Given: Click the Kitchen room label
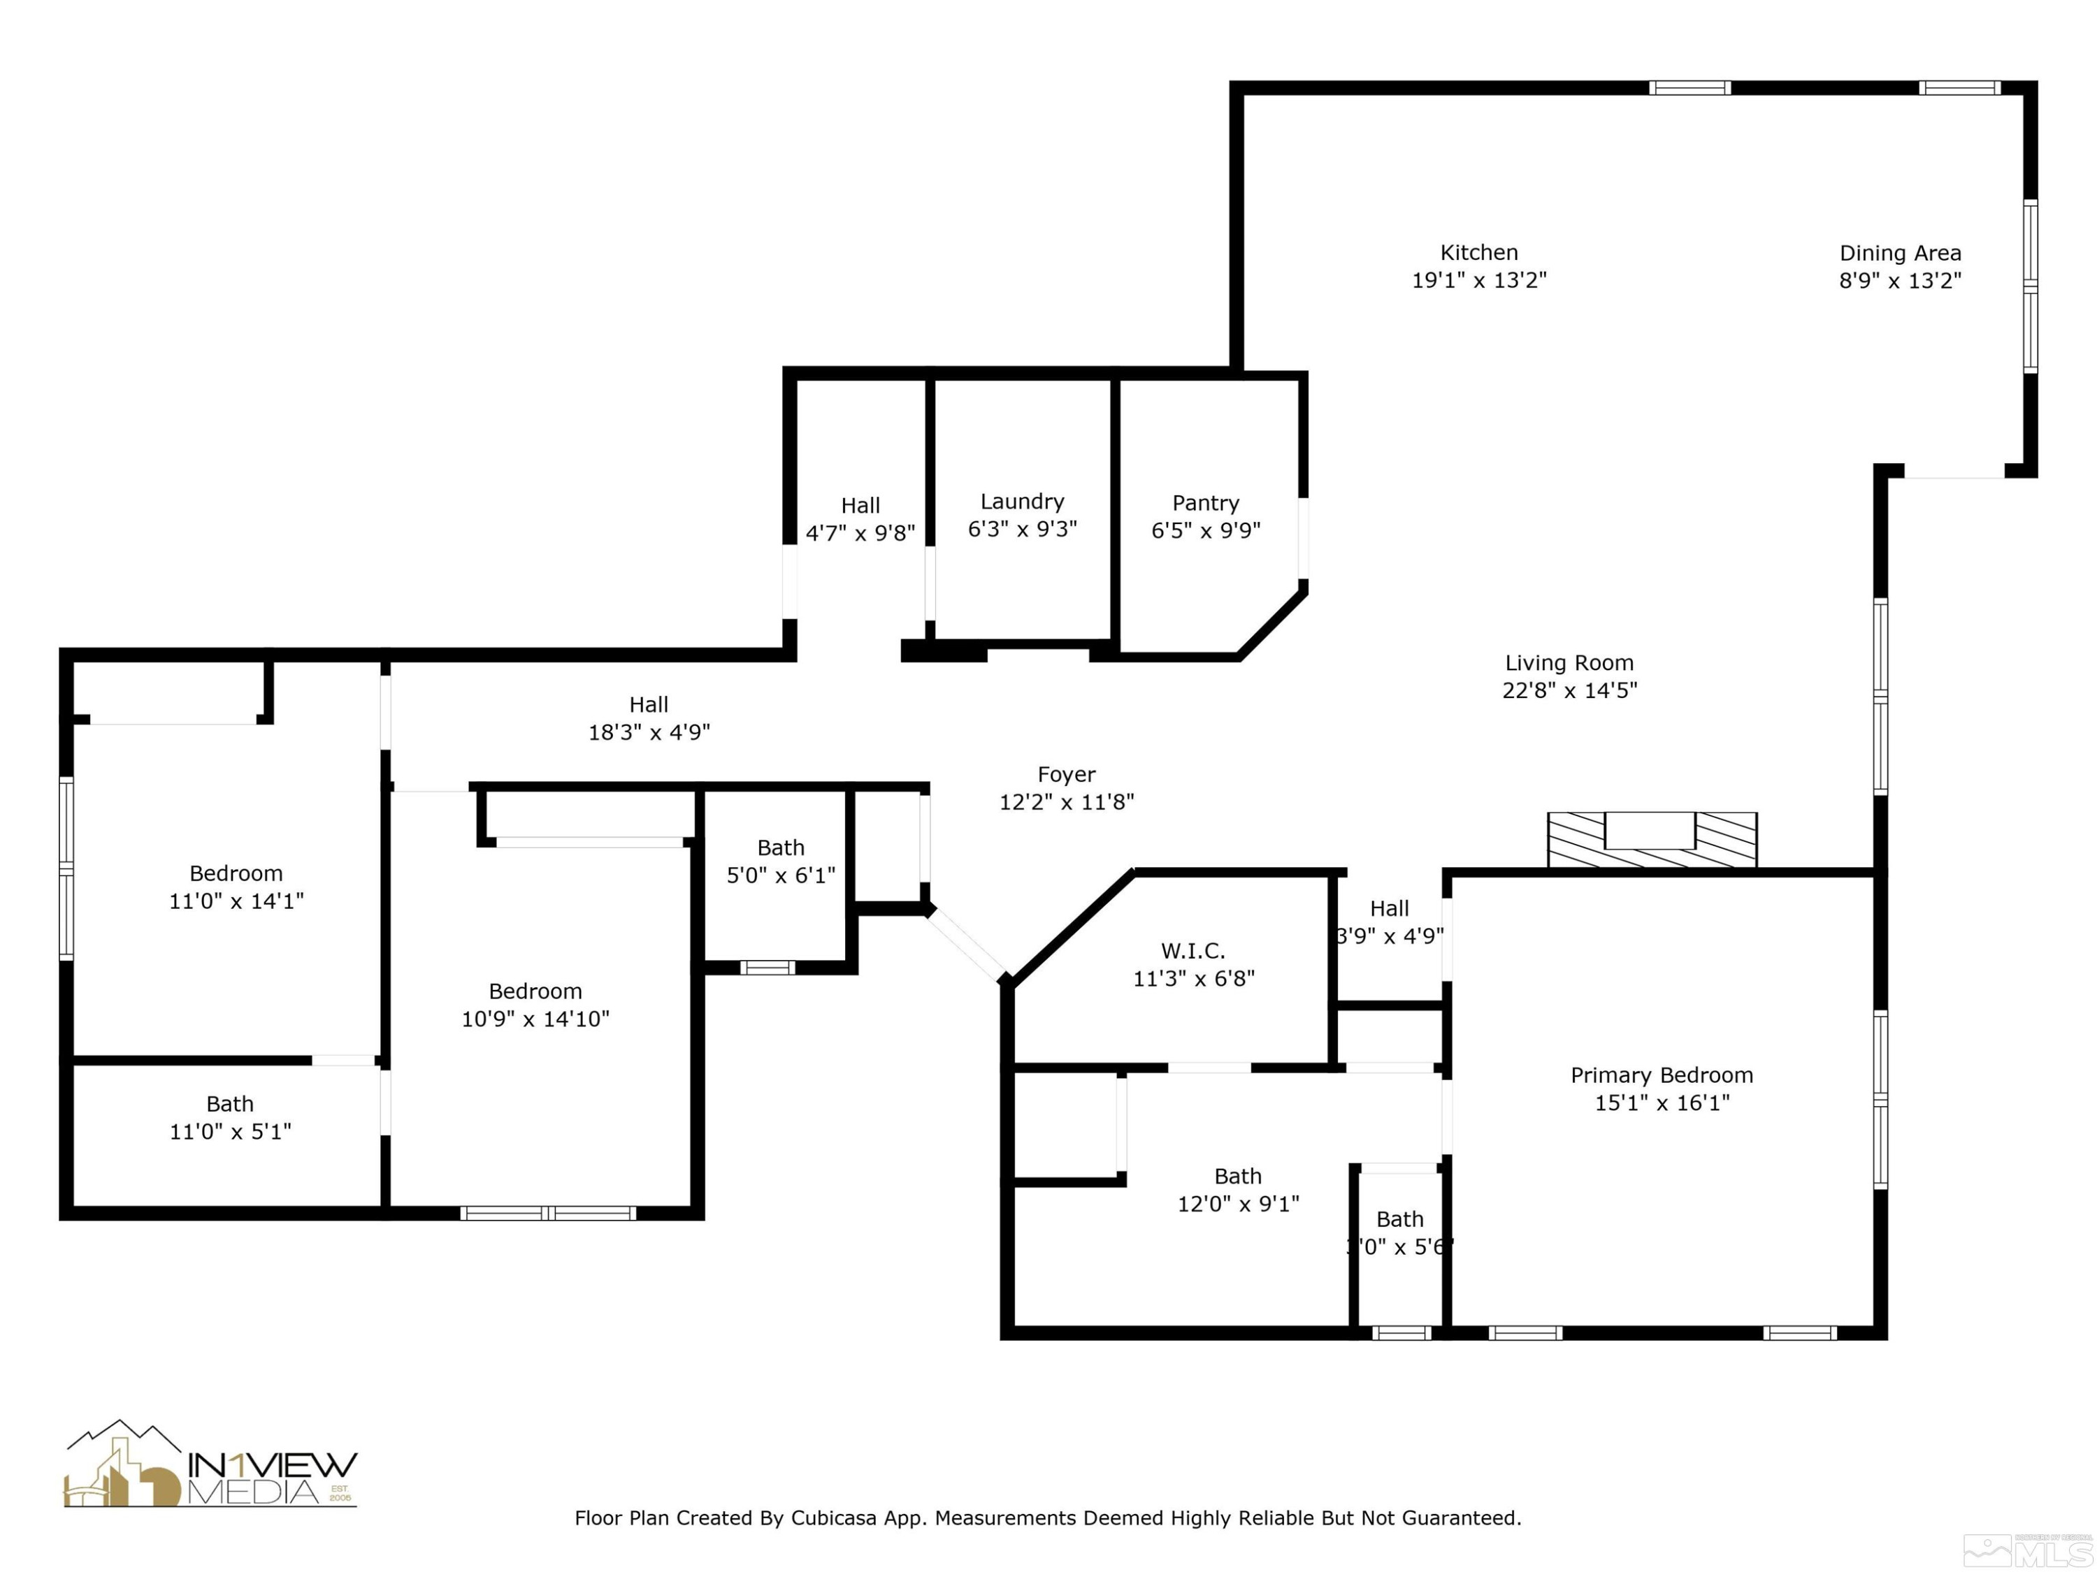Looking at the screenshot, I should pos(1479,253).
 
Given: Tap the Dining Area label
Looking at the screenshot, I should pos(1900,254).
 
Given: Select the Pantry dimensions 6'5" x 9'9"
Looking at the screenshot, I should pos(1205,530).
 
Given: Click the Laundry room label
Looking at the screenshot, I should pos(1022,501).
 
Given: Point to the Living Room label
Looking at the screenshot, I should pos(1569,663).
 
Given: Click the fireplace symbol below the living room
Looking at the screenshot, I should pos(1652,840).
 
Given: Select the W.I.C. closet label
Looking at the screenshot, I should pos(1192,950).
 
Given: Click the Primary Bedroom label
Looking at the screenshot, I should pos(1661,1075).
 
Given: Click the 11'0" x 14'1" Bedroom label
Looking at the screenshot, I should pos(236,873).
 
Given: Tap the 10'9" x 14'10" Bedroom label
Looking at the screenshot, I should pos(535,992).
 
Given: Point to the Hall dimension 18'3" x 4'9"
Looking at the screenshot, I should pos(649,732).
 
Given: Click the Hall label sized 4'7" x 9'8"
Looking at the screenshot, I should pos(860,506).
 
